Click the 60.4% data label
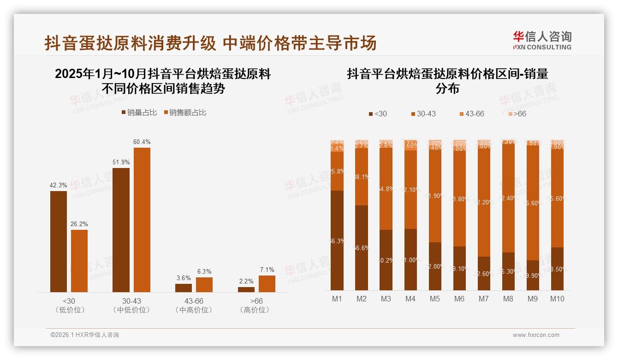(142, 142)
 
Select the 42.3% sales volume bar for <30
(59, 241)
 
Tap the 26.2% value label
(79, 224)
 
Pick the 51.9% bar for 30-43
(121, 229)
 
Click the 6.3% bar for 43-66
(204, 284)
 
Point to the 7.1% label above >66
(267, 270)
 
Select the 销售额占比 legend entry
(184, 112)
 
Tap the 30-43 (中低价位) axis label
(131, 305)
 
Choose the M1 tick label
(337, 299)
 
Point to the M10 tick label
(557, 299)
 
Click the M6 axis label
(459, 299)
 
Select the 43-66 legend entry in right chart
(471, 114)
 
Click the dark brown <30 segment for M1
(337, 240)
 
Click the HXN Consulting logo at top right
(542, 41)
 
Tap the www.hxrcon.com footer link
(536, 335)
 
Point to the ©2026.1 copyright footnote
(85, 335)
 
